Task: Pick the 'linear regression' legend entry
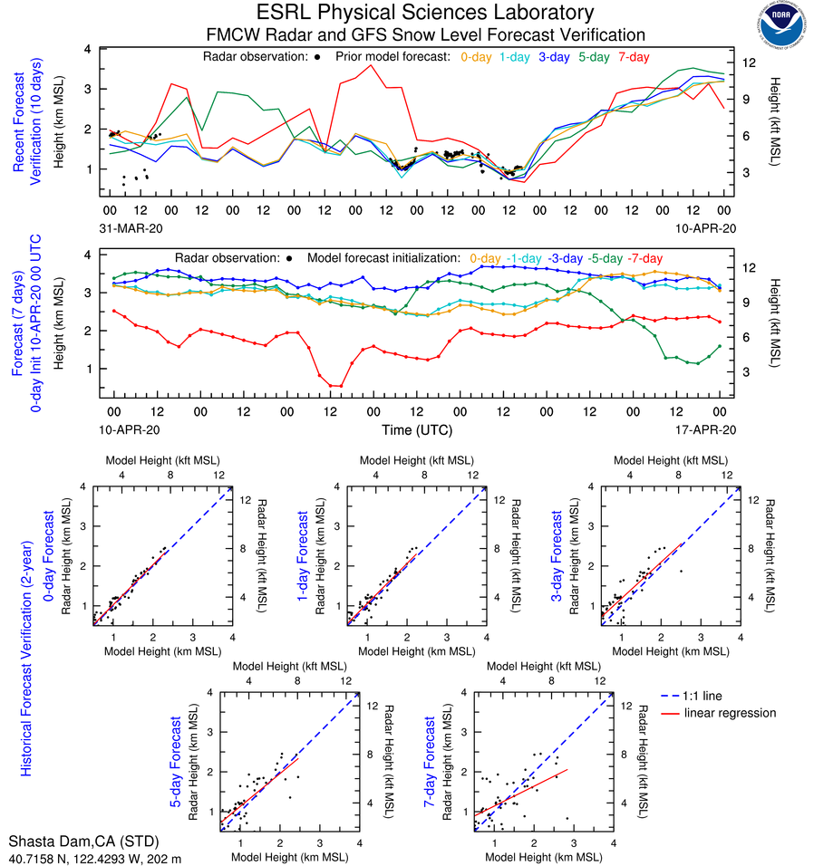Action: pyautogui.click(x=730, y=713)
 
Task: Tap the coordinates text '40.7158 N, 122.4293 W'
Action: pyautogui.click(x=80, y=857)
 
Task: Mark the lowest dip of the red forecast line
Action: pyautogui.click(x=335, y=386)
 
